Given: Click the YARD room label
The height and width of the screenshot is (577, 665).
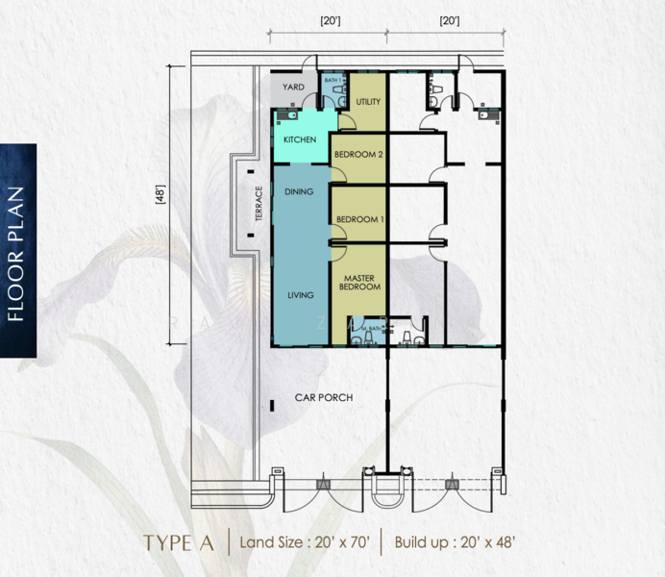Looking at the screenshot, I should (x=293, y=88).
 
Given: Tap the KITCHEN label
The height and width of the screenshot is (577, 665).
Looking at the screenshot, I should (x=299, y=140).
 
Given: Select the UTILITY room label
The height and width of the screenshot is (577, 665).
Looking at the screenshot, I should (x=368, y=102).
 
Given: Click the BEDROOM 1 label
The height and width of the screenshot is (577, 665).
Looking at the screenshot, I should (x=359, y=219).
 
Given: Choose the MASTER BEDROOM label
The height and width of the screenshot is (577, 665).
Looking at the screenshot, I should (x=359, y=281).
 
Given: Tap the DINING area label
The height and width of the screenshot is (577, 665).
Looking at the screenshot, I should (x=299, y=192).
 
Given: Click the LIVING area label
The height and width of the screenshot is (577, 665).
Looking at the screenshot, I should (x=301, y=295).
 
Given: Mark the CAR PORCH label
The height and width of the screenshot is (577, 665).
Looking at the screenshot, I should (x=324, y=397).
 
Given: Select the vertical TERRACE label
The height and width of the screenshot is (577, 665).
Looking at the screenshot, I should (x=259, y=205).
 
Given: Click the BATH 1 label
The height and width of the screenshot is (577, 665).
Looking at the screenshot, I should (x=333, y=81).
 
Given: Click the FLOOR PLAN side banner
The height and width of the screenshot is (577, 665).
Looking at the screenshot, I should (x=17, y=251).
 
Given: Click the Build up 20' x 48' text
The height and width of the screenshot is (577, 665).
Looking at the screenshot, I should (x=456, y=542).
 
